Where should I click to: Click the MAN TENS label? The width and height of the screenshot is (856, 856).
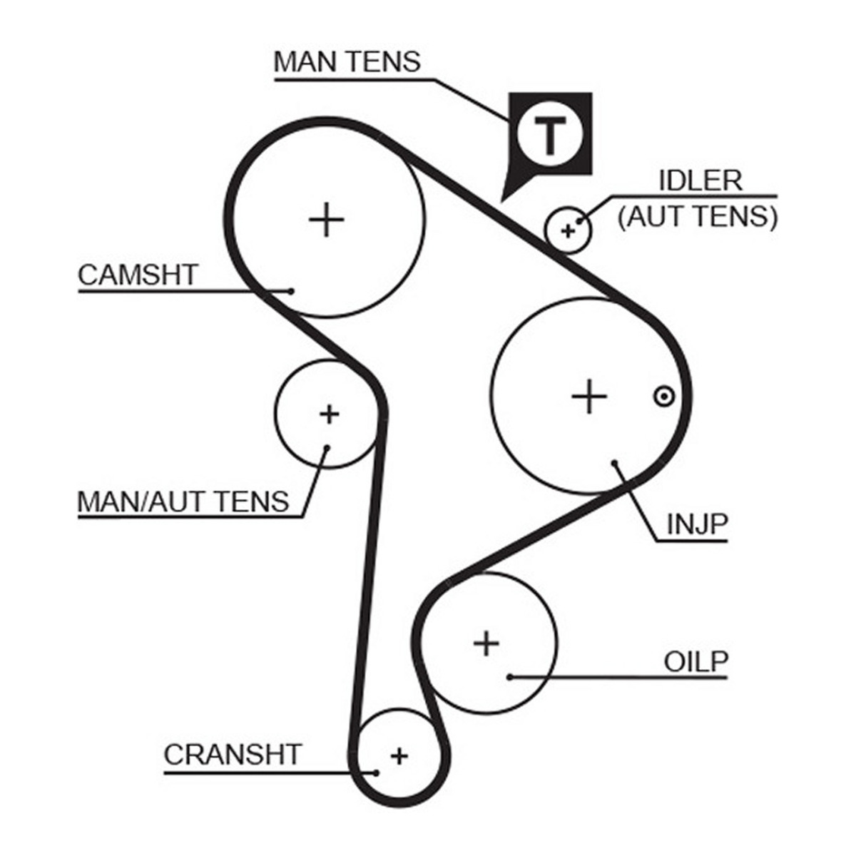pos(347,62)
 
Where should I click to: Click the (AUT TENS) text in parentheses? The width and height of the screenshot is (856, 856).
pos(698,217)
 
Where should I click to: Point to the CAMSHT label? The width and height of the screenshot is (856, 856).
pos(137,275)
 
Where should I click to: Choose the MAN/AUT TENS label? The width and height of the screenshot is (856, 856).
pos(183,501)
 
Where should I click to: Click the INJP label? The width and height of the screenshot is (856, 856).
pos(698,524)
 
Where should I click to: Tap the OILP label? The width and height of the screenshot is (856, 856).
pos(696,674)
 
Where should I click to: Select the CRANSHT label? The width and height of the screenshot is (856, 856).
pos(233,754)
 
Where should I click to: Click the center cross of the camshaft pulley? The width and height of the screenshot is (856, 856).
pos(327,220)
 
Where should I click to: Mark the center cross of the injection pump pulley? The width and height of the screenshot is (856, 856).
pos(589,396)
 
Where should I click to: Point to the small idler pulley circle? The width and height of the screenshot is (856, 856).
pos(568,230)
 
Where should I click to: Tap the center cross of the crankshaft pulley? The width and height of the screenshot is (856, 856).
pos(399,755)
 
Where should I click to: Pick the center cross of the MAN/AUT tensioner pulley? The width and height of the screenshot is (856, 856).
pos(329,414)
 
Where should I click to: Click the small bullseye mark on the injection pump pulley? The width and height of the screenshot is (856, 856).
pos(664,396)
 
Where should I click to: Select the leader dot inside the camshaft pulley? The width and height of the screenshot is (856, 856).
pos(291,292)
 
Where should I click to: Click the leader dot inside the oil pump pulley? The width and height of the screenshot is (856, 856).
pos(511,689)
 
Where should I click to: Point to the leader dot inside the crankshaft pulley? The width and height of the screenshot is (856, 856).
pos(376,773)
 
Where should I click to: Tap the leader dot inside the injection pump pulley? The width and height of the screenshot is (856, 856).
pos(614,463)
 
